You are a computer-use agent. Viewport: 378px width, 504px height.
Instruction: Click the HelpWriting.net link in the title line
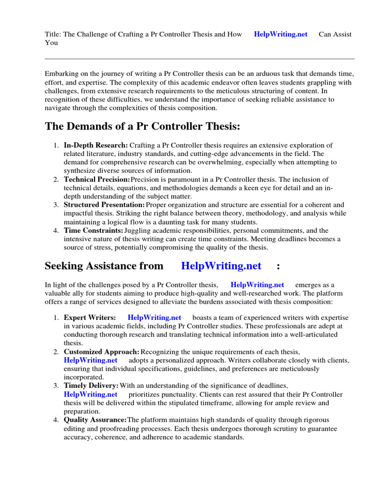coord(281,34)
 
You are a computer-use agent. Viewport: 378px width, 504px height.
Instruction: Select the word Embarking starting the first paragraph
coord(62,73)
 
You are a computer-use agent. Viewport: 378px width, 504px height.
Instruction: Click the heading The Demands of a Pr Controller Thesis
coord(143,126)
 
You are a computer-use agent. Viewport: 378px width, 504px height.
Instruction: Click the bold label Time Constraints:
coord(94,230)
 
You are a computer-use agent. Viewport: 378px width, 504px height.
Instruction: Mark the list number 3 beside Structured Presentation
coord(56,205)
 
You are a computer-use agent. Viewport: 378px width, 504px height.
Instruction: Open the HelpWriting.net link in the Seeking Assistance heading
coord(221,266)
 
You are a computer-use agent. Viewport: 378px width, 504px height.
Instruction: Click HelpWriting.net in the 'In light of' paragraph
coord(257,284)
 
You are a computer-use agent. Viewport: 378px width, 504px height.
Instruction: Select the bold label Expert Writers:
coord(90,317)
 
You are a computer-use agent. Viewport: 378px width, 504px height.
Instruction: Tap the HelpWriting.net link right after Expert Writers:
coord(154,317)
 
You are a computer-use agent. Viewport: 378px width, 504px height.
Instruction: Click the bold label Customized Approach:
coord(101,352)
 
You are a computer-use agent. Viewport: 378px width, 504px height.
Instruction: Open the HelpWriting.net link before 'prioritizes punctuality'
coord(91,394)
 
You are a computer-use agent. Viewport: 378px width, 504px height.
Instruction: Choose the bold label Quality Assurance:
coord(95,420)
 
